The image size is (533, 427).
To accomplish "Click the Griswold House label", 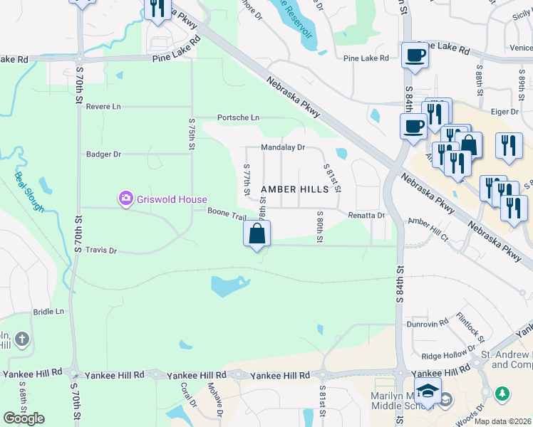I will tap(173, 199).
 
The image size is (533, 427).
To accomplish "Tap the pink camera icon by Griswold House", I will tap(126, 198).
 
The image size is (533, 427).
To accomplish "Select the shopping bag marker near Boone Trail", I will tap(257, 233).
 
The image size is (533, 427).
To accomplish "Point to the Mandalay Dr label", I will tap(283, 147).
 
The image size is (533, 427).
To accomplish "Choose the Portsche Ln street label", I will tap(238, 117).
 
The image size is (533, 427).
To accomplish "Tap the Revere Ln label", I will tap(103, 107).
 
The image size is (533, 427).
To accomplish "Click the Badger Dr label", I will tap(104, 154).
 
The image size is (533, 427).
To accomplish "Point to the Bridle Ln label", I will tap(48, 312).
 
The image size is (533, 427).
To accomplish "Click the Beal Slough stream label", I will tap(29, 192).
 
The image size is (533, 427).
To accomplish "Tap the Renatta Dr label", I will tap(366, 215).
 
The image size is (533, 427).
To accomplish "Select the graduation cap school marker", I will tap(428, 391).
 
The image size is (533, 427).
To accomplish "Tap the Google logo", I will tap(24, 418).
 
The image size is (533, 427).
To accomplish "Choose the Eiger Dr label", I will tap(504, 112).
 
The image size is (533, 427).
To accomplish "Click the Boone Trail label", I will tap(227, 211).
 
